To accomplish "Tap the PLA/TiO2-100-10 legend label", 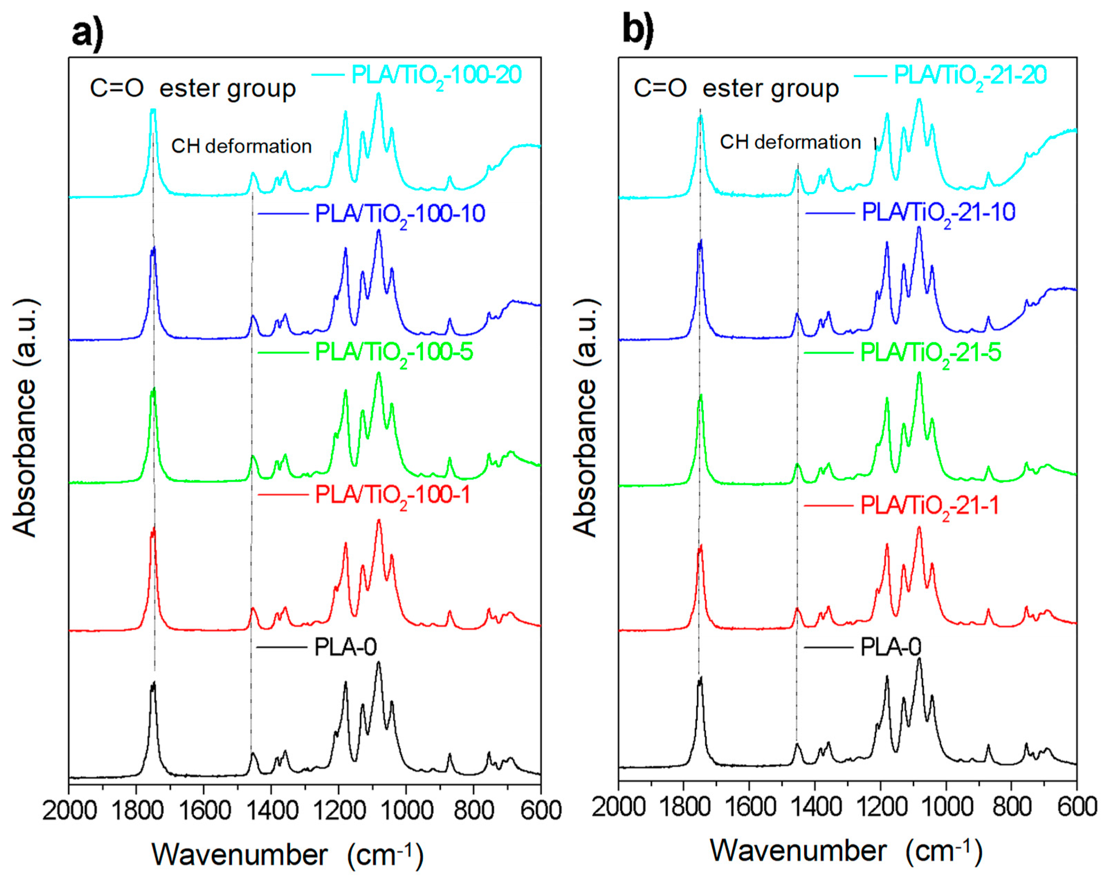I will pos(399,214).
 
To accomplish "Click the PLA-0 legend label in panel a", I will pos(345,647).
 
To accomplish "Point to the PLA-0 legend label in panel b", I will pos(891,647).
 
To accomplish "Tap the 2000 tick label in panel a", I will pos(69,811).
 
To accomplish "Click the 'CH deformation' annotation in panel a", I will pos(241,146).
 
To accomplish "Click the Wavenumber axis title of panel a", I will pos(287,855).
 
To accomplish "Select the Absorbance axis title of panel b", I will pos(585,417).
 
